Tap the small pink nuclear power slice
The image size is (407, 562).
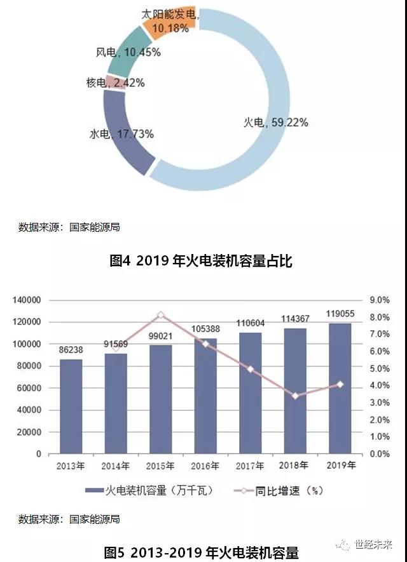click(109, 81)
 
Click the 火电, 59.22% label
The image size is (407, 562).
click(276, 123)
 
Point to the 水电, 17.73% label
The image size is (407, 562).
click(121, 134)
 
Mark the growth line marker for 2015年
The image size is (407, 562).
click(161, 315)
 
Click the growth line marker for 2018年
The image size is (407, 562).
click(295, 396)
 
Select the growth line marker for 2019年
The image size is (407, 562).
click(340, 384)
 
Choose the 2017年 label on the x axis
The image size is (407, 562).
click(251, 467)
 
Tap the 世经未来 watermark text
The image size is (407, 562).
click(375, 545)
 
